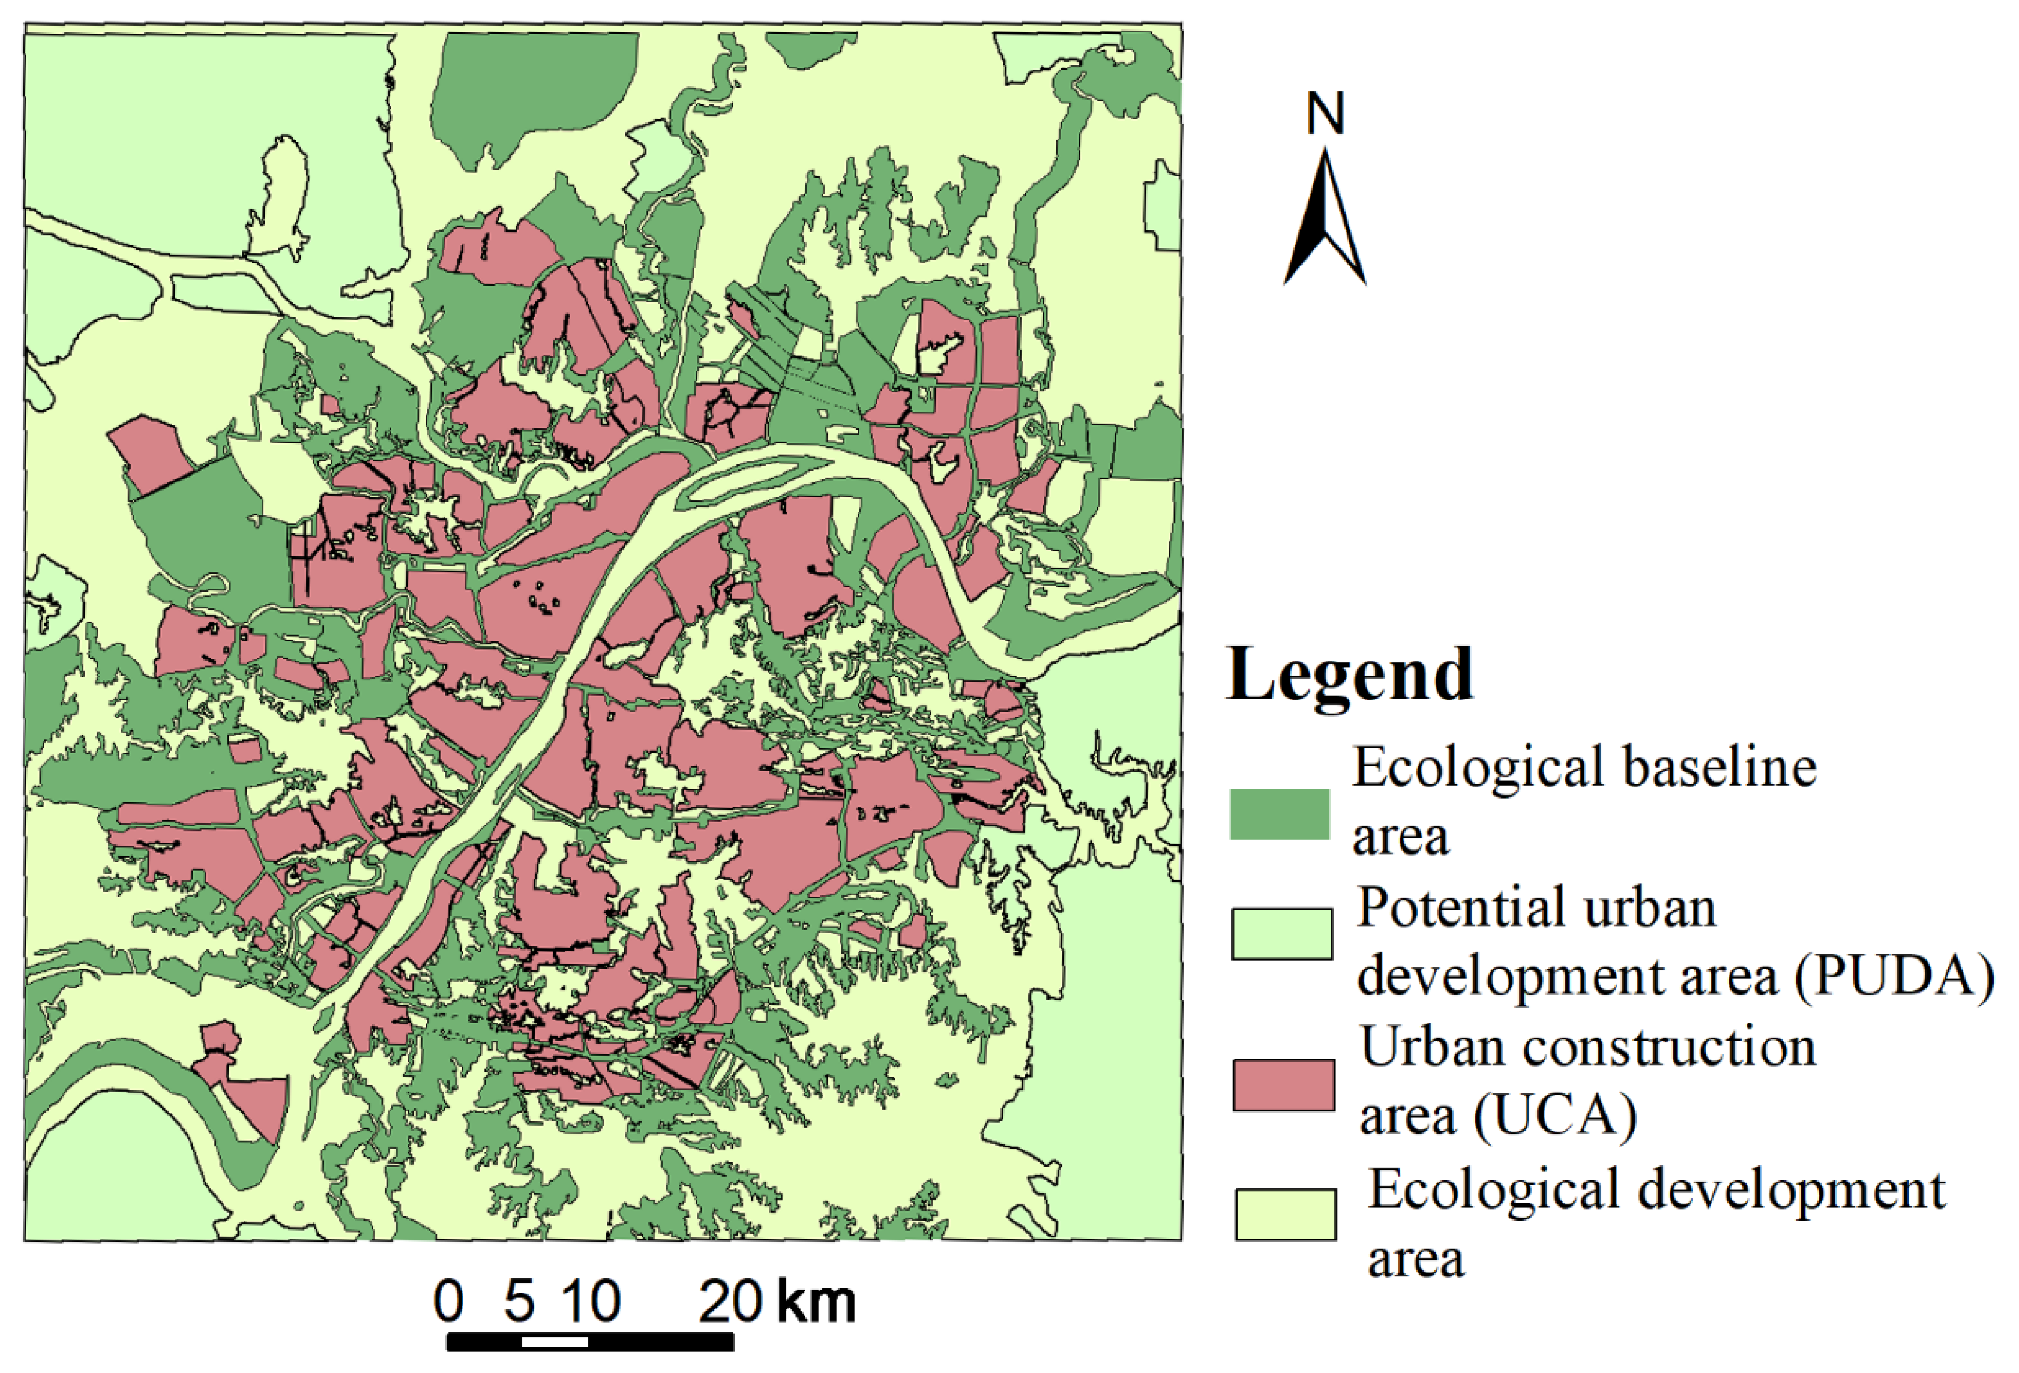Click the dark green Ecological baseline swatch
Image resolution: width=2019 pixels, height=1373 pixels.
click(1279, 814)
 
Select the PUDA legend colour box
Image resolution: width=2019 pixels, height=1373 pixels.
click(1281, 934)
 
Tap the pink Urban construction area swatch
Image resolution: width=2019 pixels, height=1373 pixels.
click(1283, 1085)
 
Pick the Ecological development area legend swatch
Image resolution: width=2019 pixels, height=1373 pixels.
click(1286, 1214)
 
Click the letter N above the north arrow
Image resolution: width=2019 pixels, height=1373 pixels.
click(1325, 114)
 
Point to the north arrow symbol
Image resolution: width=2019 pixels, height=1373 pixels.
click(1325, 221)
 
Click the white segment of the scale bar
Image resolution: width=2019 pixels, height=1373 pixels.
click(555, 1342)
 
